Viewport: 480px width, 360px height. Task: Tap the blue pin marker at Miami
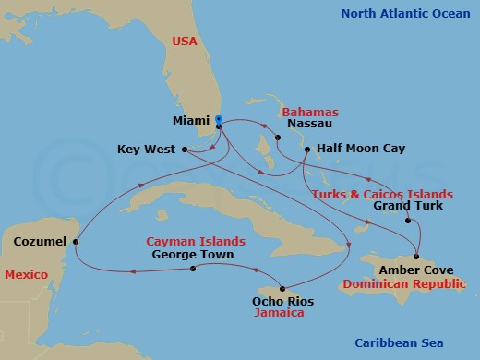(219, 119)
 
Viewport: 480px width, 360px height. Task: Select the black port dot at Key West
(185, 149)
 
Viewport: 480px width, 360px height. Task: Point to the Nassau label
(284, 122)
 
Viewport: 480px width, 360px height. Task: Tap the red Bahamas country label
(306, 109)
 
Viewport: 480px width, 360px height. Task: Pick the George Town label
(191, 254)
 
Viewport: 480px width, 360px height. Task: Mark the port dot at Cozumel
(76, 243)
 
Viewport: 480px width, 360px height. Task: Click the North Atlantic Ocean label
(405, 13)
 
